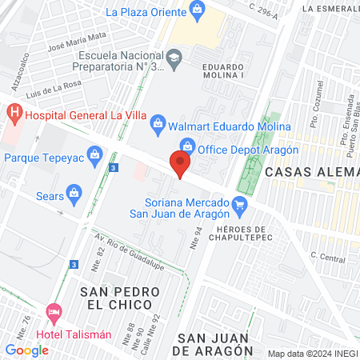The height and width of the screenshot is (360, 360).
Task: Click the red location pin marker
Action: click(x=181, y=165)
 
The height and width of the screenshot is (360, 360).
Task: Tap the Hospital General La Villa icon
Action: click(x=14, y=114)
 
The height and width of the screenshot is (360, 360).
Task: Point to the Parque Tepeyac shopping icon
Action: click(x=96, y=158)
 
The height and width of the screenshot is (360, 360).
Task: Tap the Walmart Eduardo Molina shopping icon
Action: click(x=158, y=122)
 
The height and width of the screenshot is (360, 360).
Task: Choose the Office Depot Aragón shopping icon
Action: click(x=188, y=145)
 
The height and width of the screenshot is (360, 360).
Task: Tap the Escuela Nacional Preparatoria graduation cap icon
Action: click(x=174, y=57)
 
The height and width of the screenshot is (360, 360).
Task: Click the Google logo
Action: click(x=26, y=350)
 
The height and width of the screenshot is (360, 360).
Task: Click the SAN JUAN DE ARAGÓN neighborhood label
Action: click(x=215, y=344)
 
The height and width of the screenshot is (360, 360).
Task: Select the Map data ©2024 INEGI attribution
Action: click(x=311, y=353)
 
